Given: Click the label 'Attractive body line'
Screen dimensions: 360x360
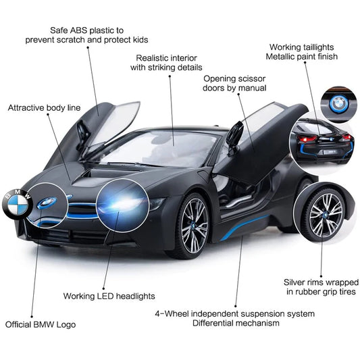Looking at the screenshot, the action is (x=44, y=108).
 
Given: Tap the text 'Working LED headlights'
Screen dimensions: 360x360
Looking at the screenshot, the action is (x=109, y=296).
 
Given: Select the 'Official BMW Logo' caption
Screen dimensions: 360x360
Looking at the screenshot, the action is (x=41, y=325).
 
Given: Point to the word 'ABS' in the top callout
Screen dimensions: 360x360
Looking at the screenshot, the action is (x=79, y=30).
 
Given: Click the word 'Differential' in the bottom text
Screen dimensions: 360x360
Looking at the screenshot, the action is (x=213, y=323).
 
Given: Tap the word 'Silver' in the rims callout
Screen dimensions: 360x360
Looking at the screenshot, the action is (x=294, y=282).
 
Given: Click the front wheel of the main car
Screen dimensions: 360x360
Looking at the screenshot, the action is (x=194, y=226).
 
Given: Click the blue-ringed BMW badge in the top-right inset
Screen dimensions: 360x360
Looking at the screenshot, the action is (x=339, y=104).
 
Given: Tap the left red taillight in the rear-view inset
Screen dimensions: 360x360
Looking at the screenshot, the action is (x=307, y=138).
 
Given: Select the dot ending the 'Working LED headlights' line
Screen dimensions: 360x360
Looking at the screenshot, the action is (x=104, y=288).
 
